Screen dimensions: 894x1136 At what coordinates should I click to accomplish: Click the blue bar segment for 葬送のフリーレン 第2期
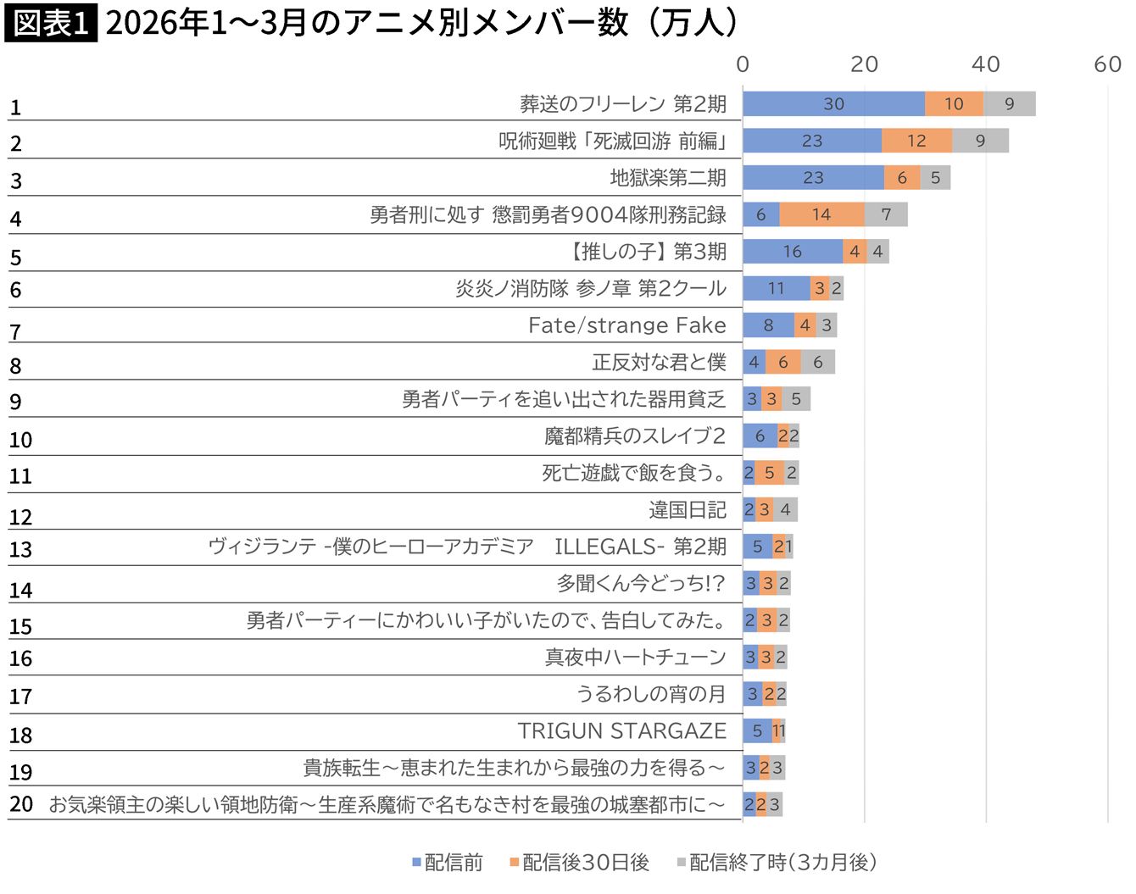[833, 104]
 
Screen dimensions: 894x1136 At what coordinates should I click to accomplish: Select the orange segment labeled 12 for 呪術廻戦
[916, 141]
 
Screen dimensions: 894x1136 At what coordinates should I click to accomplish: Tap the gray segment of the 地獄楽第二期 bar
[935, 178]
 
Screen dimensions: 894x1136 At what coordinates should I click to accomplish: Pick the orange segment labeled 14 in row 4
[821, 214]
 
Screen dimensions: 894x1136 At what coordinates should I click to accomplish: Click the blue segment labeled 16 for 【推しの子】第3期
[793, 252]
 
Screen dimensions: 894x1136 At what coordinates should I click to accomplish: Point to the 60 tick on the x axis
[1107, 64]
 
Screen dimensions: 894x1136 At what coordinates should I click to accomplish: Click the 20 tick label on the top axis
[864, 64]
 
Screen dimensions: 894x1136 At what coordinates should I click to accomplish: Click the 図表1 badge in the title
[51, 23]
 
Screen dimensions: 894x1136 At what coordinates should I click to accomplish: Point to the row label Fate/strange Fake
[626, 325]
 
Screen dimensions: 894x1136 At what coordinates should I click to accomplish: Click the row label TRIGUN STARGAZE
[621, 731]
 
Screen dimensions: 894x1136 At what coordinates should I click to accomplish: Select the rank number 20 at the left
[21, 804]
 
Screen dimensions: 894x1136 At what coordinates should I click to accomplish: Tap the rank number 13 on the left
[21, 550]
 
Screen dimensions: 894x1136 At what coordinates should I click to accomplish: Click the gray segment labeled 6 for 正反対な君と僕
[817, 363]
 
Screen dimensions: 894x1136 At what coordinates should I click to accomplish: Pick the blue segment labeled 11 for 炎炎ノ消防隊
[776, 289]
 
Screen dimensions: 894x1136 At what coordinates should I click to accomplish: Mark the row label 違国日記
[687, 510]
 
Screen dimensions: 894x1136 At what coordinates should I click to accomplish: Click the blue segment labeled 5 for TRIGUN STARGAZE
[757, 731]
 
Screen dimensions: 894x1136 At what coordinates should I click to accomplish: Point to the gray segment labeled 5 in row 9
[796, 399]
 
